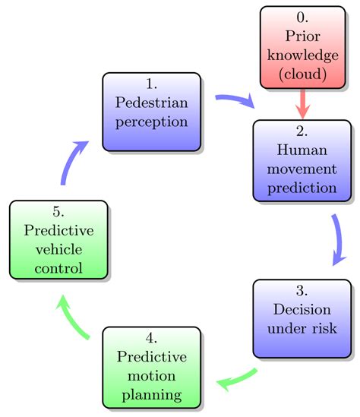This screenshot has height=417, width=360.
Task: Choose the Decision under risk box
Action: [x=302, y=318]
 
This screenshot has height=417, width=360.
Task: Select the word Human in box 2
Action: [x=303, y=150]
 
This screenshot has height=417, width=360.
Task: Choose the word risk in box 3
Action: [x=321, y=328]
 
